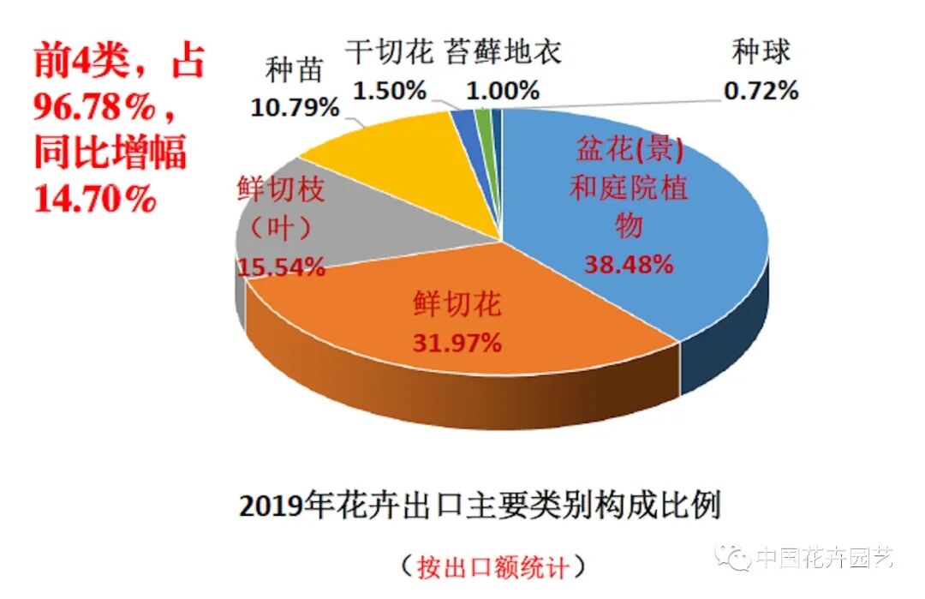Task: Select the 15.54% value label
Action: point(282,267)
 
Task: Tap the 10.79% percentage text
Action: point(295,107)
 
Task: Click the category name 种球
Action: point(761,53)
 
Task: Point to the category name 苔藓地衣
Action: point(503,52)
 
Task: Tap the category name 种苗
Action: point(295,70)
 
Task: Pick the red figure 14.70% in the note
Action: point(94,199)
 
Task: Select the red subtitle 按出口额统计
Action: point(492,566)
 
